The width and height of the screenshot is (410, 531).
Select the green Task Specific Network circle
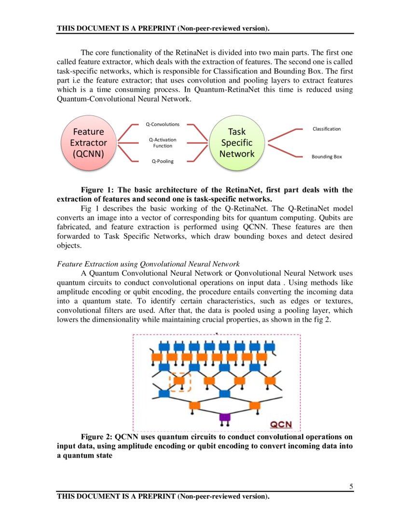pyautogui.click(x=237, y=142)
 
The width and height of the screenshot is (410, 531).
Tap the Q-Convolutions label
pyautogui.click(x=163, y=124)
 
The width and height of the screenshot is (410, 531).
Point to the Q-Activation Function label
pyautogui.click(x=163, y=142)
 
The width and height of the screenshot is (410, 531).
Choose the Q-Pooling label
pyautogui.click(x=163, y=161)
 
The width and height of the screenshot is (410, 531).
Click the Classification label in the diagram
pyautogui.click(x=327, y=129)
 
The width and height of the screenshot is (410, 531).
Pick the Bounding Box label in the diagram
pyautogui.click(x=327, y=157)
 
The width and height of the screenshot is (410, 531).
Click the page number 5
pyautogui.click(x=351, y=487)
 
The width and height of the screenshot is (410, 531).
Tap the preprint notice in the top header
pyautogui.click(x=163, y=28)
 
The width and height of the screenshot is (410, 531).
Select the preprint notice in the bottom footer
pyautogui.click(x=163, y=496)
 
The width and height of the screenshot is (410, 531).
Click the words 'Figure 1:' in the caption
pyautogui.click(x=96, y=190)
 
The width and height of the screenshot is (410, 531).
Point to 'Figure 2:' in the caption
pyautogui.click(x=96, y=437)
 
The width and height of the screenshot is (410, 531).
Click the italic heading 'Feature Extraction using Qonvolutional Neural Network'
pyautogui.click(x=148, y=264)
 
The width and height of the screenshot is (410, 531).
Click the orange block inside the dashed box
pyautogui.click(x=179, y=381)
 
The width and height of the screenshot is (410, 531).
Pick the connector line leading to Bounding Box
pyautogui.click(x=285, y=149)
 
